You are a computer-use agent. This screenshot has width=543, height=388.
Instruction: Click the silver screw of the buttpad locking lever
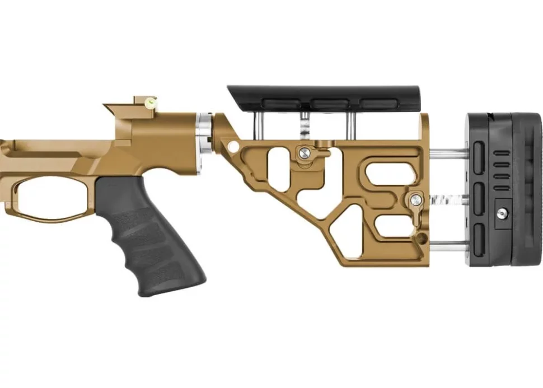(415, 198)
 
